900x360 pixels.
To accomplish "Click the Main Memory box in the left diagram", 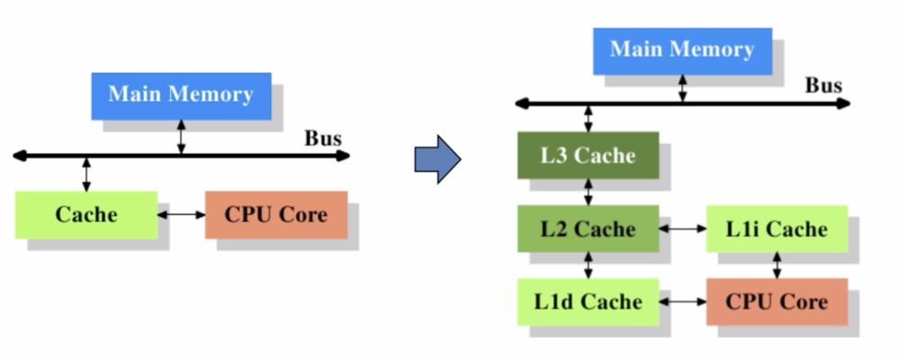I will [181, 95].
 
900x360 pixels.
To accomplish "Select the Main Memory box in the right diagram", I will [682, 50].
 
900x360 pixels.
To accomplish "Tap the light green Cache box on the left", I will [86, 214].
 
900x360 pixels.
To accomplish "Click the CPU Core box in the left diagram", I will [275, 214].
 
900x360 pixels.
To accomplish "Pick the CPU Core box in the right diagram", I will [777, 301].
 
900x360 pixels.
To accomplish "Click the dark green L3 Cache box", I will [588, 155].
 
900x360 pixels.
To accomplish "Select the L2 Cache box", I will [588, 229].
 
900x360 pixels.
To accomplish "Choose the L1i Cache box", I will [777, 229].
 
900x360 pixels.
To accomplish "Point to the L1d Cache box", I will [588, 301].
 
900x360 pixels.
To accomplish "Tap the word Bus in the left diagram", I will [323, 138].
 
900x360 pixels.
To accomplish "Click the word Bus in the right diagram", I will [823, 85].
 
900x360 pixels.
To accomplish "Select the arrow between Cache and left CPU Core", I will [181, 215].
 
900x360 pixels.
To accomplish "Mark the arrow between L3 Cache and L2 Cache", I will [589, 192].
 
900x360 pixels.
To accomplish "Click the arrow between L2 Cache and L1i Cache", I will [683, 229].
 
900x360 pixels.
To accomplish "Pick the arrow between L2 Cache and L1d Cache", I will [589, 265].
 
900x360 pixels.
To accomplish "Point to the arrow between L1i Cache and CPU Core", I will [777, 265].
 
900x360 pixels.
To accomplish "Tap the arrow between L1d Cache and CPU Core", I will [683, 301].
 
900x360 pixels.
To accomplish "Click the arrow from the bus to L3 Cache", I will [589, 118].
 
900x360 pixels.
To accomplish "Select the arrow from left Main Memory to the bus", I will [182, 138].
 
